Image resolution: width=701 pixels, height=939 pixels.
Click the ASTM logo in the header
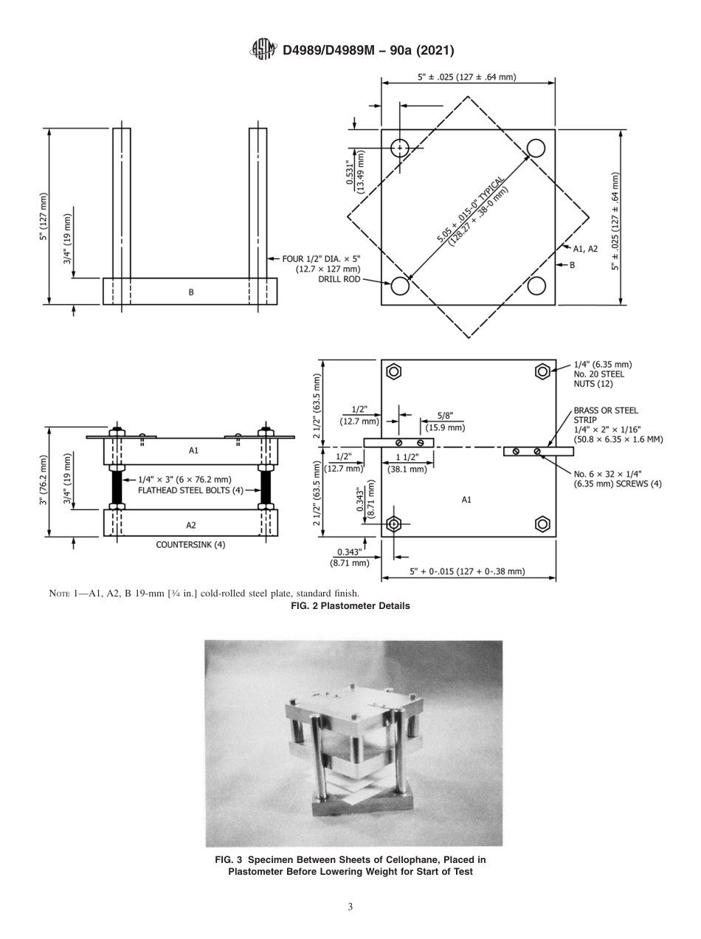[263, 49]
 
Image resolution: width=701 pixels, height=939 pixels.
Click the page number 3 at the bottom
[350, 906]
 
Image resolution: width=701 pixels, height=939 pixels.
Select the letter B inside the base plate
[190, 292]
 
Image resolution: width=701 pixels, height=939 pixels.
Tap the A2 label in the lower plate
[190, 525]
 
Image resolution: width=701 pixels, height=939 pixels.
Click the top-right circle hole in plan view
[536, 148]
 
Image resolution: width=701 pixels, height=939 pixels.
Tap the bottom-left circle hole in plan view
[400, 285]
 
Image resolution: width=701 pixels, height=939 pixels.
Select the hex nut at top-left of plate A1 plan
[394, 371]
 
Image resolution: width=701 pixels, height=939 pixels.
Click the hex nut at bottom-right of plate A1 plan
[543, 524]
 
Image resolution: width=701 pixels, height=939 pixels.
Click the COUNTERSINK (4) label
[190, 545]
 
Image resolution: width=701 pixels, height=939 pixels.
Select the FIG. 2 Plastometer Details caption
[350, 606]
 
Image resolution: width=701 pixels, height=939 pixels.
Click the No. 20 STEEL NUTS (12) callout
[601, 374]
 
